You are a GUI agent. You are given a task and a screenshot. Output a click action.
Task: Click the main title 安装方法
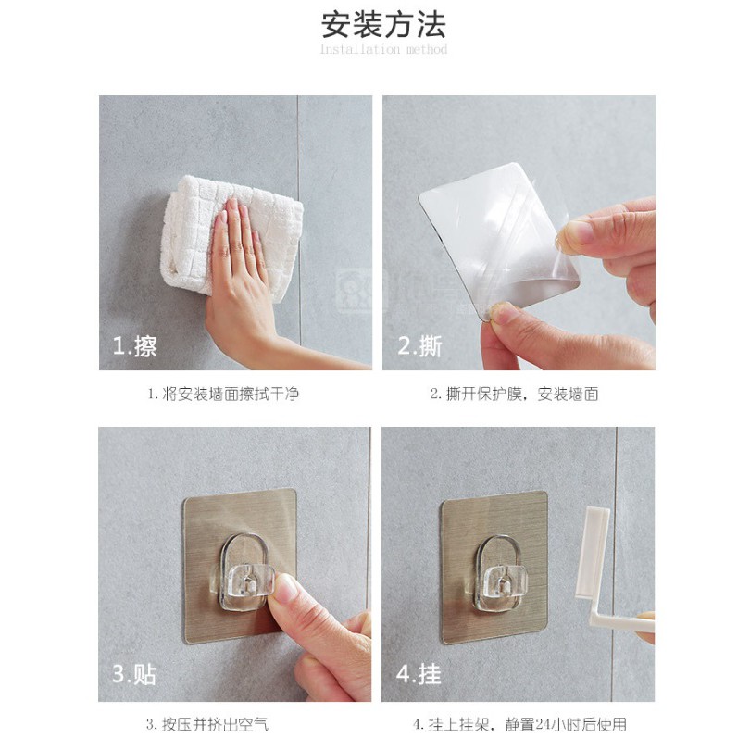tap(383, 24)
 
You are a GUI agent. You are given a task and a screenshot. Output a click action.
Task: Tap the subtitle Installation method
tap(383, 49)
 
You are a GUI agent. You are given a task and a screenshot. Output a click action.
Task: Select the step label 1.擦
tap(134, 345)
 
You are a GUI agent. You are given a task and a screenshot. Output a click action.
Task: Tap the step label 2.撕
tap(419, 345)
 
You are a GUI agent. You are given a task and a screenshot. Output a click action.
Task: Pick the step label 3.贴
tap(134, 674)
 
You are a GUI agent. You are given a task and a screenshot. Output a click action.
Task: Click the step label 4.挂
tap(419, 674)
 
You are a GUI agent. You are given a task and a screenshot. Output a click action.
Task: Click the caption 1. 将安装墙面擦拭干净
tap(223, 394)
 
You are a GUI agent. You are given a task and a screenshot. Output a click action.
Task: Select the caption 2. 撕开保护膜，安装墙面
tap(514, 394)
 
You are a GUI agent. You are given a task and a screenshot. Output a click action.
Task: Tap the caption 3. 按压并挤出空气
tap(207, 724)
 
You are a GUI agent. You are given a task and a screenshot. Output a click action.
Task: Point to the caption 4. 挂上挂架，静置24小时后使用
tap(519, 724)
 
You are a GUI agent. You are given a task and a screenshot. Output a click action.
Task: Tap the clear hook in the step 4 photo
tap(499, 574)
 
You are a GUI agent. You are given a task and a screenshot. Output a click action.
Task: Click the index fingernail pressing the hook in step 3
tap(284, 588)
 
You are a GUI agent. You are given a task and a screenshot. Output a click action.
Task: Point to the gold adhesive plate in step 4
tap(494, 568)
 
